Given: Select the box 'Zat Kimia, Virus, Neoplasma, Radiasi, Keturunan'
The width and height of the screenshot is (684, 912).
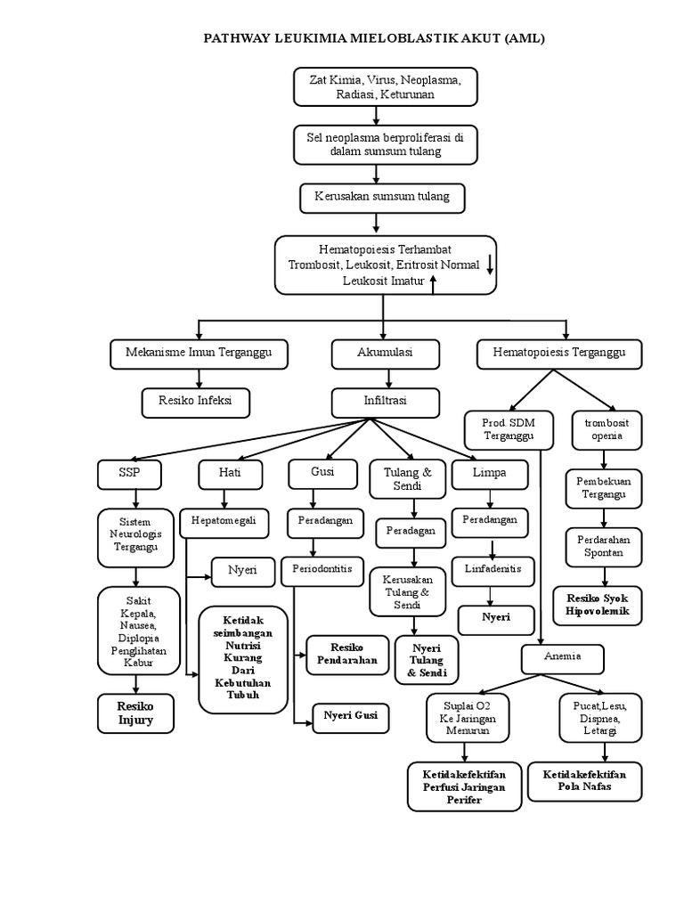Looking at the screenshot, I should tap(385, 87).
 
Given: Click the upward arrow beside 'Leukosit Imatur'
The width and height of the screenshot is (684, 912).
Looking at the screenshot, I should tap(434, 282).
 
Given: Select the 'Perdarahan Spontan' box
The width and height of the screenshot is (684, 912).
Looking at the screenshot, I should tap(603, 546).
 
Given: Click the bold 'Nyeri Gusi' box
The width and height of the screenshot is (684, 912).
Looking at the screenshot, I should tap(350, 716).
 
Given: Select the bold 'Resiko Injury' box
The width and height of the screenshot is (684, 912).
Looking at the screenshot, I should tap(135, 713).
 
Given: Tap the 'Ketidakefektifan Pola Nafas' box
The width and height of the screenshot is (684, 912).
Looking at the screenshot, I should tap(584, 781).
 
